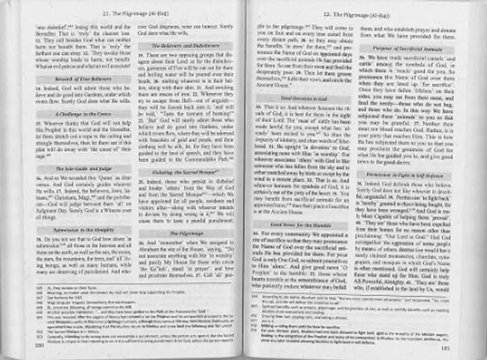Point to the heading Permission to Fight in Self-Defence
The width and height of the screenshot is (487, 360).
click(x=424, y=177)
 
